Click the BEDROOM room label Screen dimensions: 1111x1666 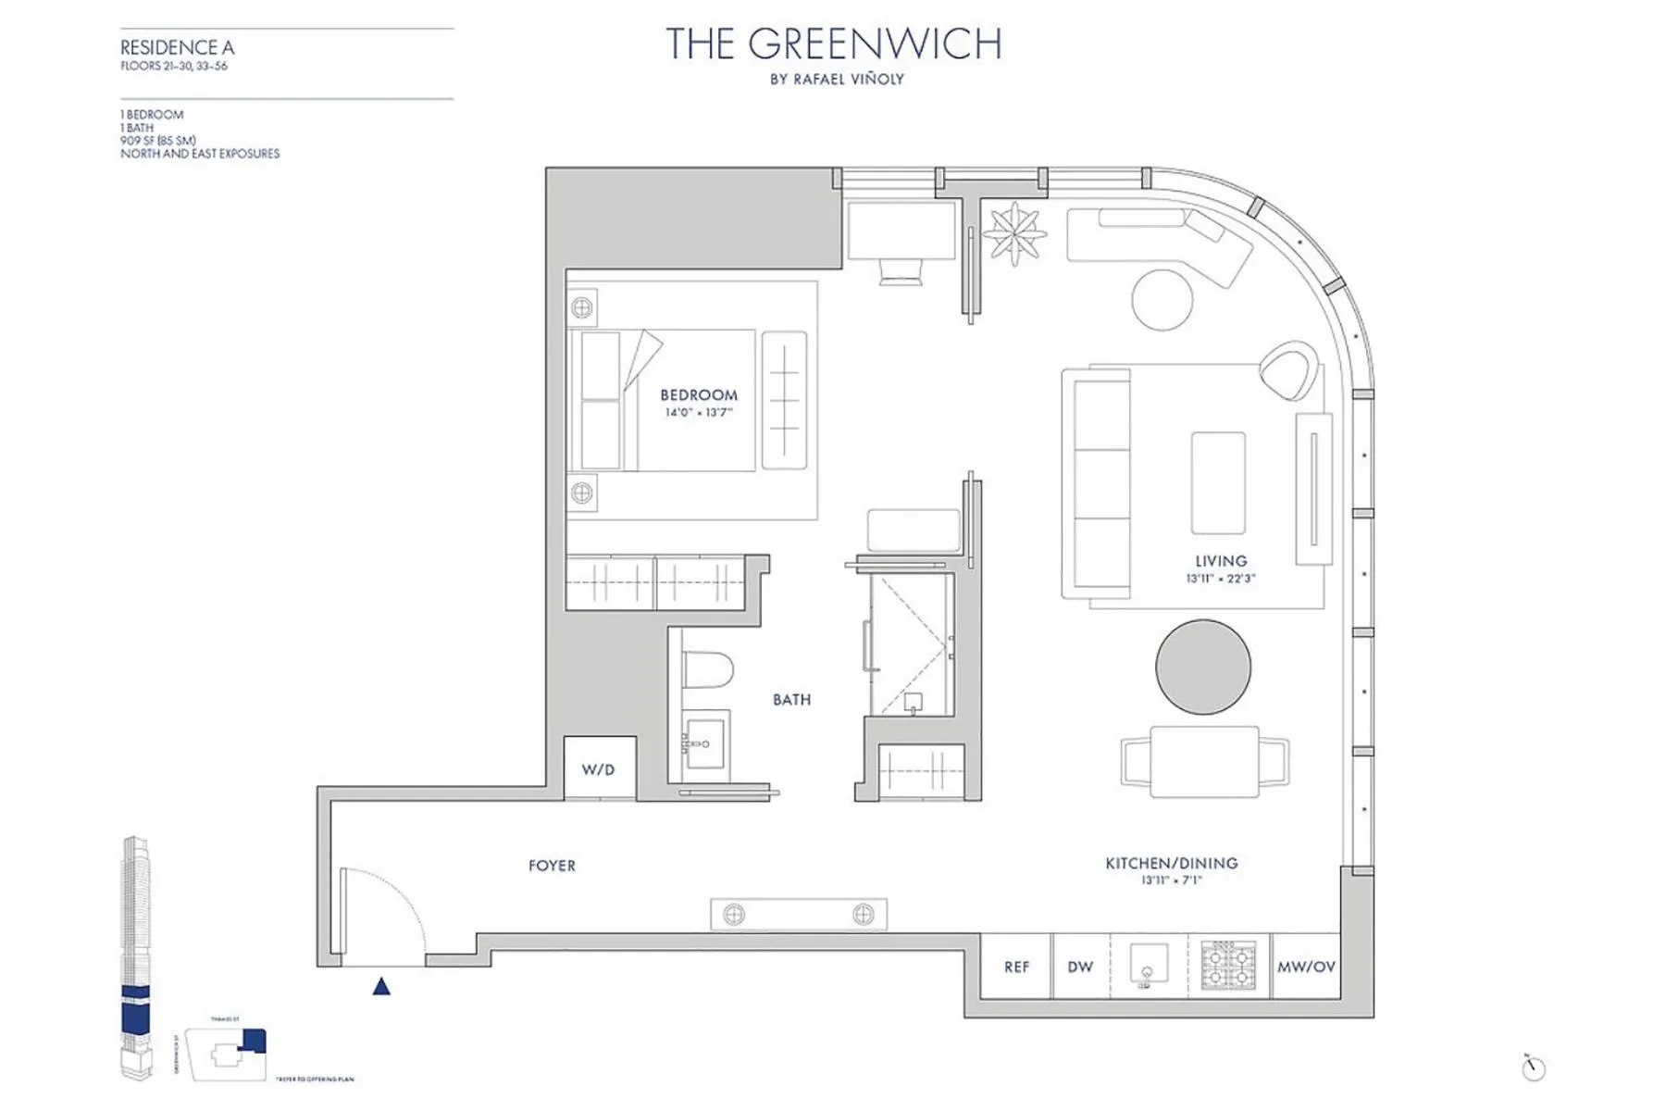[x=699, y=395]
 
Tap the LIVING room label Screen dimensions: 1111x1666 [x=1221, y=561]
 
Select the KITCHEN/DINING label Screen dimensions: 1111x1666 [x=1171, y=863]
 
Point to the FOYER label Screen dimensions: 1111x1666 [x=552, y=866]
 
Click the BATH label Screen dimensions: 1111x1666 [x=791, y=700]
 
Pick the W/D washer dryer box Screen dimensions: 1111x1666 [x=599, y=768]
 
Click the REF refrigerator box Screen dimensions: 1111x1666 [x=1016, y=967]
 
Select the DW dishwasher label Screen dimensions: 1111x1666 [x=1080, y=967]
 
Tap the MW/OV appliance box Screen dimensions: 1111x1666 [x=1306, y=967]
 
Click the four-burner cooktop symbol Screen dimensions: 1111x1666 [x=1228, y=966]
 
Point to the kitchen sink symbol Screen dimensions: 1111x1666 [x=1148, y=966]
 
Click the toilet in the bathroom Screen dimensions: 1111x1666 [x=707, y=668]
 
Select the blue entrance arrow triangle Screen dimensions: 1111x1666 [x=381, y=987]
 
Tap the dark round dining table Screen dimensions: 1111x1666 [x=1202, y=667]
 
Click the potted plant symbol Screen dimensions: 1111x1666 [x=1014, y=232]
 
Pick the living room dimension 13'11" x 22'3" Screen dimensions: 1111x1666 [x=1221, y=579]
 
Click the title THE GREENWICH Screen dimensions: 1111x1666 [x=833, y=44]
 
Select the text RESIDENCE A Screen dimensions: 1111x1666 [x=177, y=47]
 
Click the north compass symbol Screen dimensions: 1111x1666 [x=1534, y=1068]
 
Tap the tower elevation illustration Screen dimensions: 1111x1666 [x=135, y=958]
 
